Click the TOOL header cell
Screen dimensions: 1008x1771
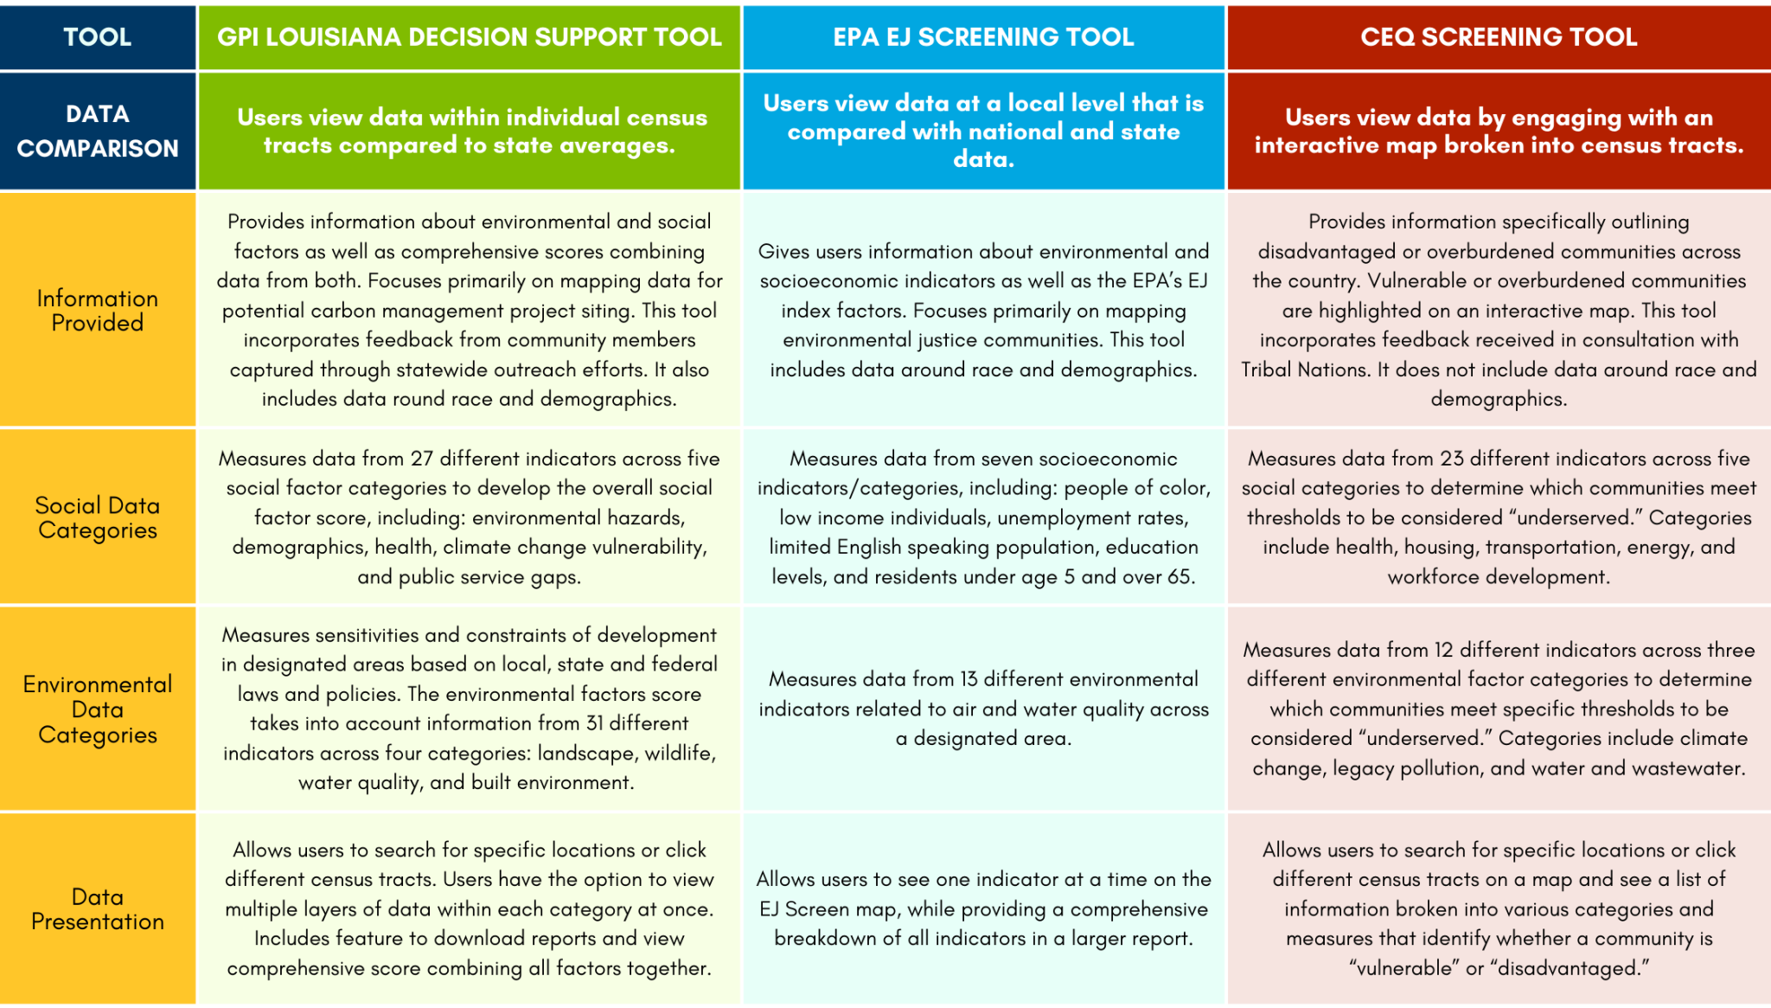(x=98, y=36)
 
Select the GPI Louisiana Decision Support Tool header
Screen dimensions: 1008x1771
(x=470, y=36)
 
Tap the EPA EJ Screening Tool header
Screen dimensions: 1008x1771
(x=983, y=36)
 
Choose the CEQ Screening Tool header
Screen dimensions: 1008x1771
(x=1499, y=36)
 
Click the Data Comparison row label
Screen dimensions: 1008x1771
(x=98, y=131)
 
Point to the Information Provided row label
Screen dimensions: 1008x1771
(x=98, y=310)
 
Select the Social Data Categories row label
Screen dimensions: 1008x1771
(x=98, y=517)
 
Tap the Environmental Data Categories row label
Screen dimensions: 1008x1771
(x=98, y=709)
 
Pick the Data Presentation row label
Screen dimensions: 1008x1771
(x=98, y=908)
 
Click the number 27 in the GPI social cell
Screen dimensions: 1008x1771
(x=422, y=459)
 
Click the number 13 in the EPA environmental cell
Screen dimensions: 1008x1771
(x=969, y=679)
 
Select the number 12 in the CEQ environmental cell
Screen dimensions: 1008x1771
(x=1444, y=650)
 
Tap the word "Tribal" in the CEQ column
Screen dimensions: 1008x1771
(x=1269, y=369)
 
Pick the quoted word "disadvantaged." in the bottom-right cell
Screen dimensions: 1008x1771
(x=1570, y=968)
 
